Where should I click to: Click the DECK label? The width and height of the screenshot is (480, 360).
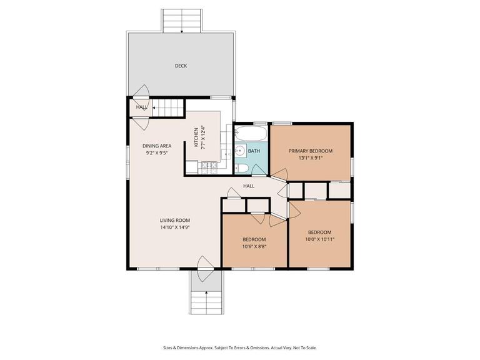pos(181,66)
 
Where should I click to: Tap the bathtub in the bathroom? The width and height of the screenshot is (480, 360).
pos(251,134)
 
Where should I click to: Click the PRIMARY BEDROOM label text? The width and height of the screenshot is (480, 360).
pos(310,151)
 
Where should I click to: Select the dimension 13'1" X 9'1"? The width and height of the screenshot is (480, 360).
pos(310,159)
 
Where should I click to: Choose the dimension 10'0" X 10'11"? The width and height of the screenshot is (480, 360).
pos(319,239)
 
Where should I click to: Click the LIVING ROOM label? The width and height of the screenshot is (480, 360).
pos(174,220)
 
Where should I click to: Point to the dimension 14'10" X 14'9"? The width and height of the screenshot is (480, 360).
pos(174,228)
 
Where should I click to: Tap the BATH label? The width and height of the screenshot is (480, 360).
pos(254,151)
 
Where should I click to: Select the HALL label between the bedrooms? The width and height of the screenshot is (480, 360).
pos(249,186)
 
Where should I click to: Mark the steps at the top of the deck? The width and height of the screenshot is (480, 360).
pos(181,21)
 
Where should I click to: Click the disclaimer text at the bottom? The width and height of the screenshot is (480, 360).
pos(240,347)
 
